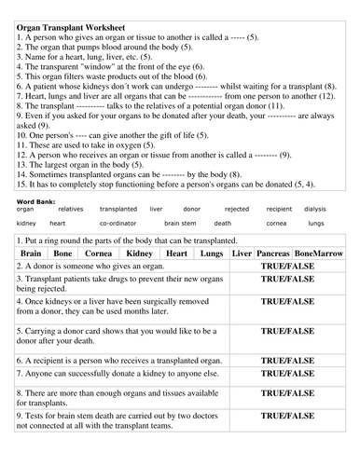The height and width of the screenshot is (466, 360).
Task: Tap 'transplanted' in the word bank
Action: (118, 210)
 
